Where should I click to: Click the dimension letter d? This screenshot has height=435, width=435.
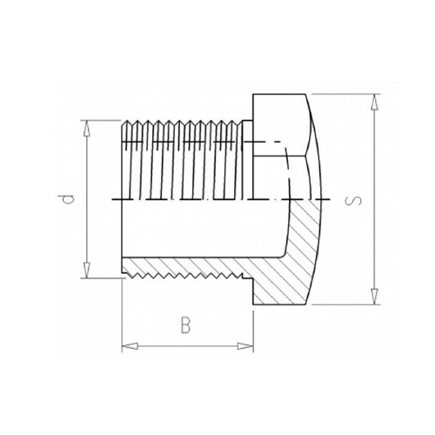click(69, 200)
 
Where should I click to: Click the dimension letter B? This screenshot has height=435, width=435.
click(185, 325)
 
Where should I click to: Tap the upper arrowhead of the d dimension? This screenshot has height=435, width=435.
click(87, 128)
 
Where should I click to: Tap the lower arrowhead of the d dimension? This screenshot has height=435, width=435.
click(87, 271)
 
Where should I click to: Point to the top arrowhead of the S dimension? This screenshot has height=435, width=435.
click(375, 102)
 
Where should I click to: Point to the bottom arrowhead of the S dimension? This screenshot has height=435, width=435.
click(375, 297)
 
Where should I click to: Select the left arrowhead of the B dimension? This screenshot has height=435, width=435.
click(130, 346)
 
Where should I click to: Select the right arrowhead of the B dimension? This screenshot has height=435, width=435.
click(245, 346)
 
